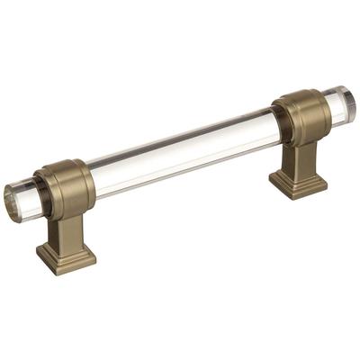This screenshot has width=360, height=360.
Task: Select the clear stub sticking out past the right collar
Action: (337, 105)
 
